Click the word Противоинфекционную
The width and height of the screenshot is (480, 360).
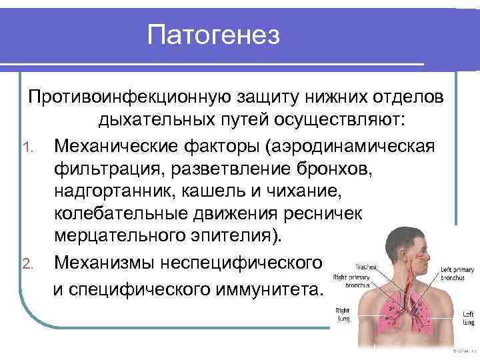click(x=127, y=98)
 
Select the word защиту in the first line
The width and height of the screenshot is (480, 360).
click(x=275, y=98)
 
